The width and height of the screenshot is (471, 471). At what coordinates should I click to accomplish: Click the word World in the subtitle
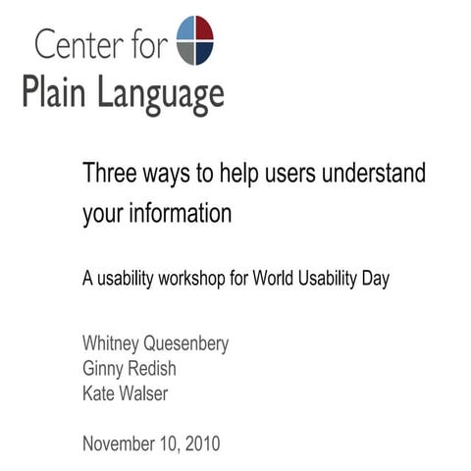pos(275,278)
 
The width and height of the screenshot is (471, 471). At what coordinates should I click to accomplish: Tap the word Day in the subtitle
pos(374,279)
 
